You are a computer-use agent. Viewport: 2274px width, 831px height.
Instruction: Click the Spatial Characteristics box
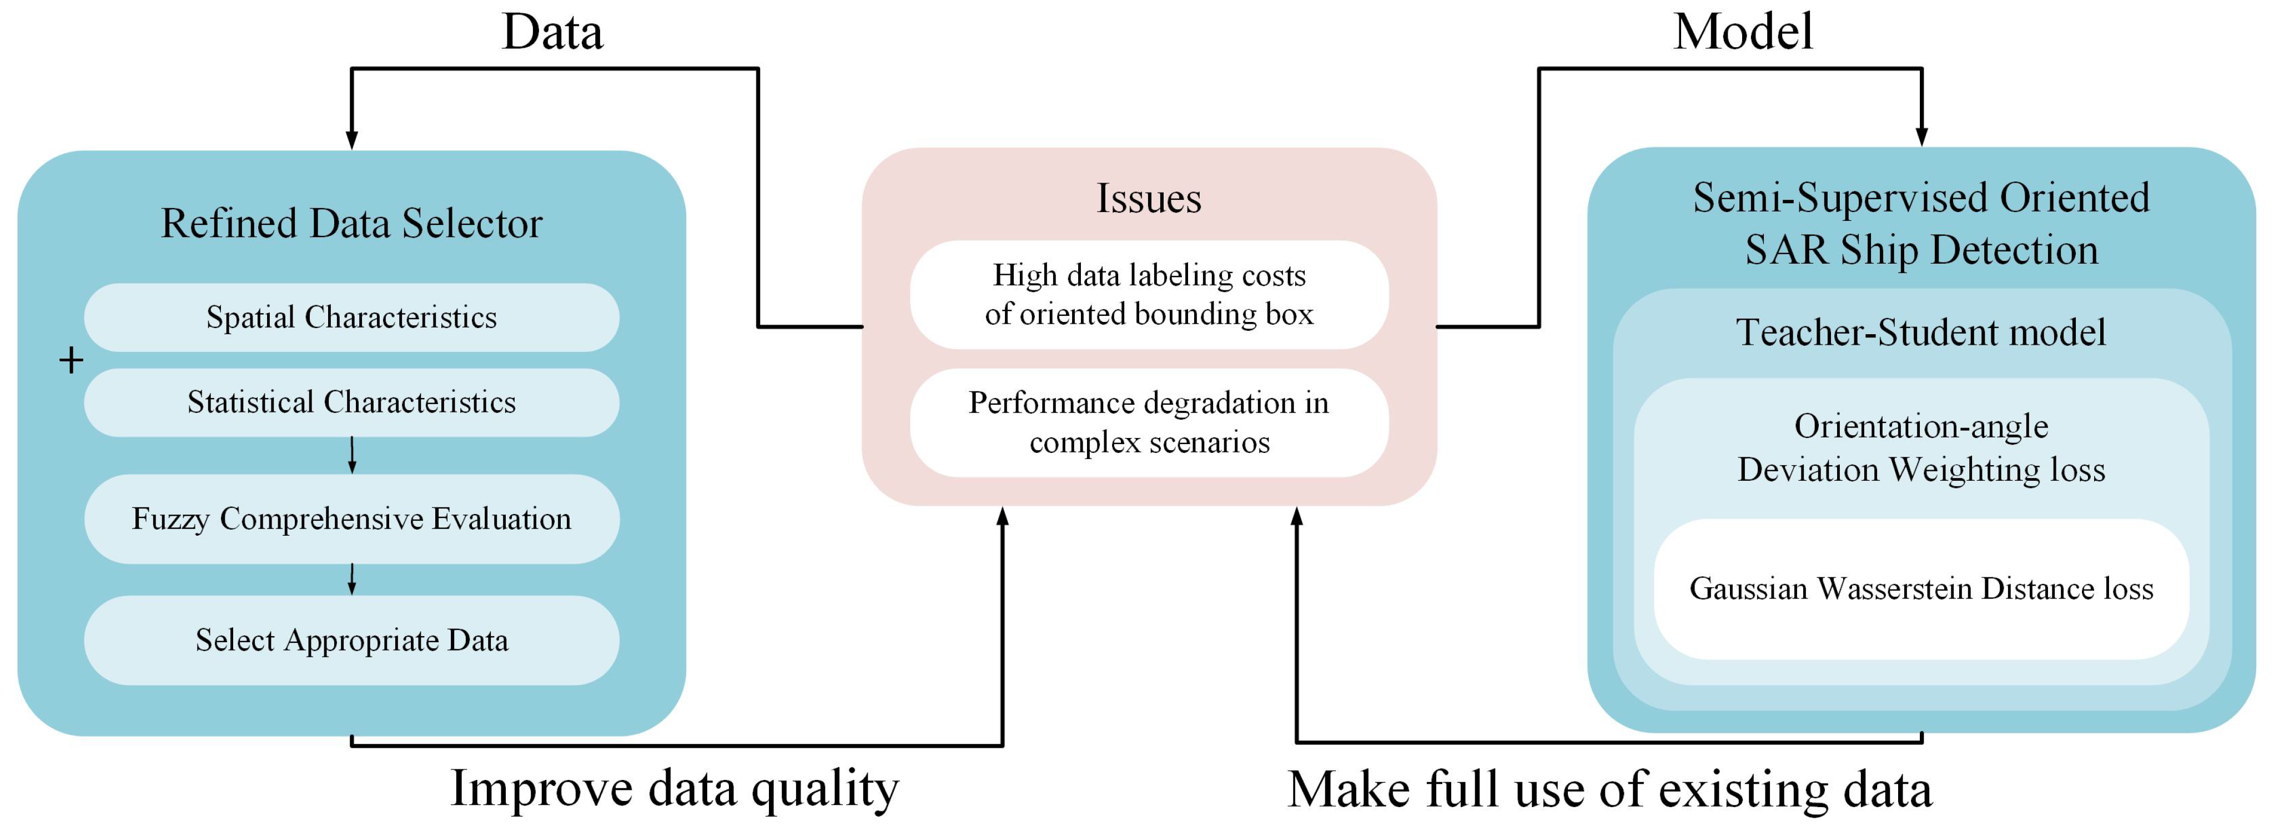(351, 317)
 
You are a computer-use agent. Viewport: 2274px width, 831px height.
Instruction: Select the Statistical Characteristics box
(351, 402)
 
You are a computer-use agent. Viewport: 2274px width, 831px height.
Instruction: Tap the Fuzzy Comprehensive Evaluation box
(351, 518)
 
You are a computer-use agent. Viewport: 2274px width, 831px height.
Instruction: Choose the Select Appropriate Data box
(351, 640)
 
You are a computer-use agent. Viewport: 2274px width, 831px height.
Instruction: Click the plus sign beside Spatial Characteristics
(71, 360)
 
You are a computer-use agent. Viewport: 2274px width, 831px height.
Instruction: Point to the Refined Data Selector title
(351, 223)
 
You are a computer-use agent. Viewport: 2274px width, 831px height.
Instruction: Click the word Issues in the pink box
(1149, 198)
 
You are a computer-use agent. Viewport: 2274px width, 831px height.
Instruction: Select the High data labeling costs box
(1149, 294)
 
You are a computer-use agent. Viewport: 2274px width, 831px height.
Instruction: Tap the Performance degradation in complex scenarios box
(1149, 422)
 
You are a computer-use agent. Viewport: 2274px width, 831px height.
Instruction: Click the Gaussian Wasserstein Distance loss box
(1921, 588)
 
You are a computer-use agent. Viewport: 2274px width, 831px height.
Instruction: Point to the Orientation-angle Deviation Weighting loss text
(1921, 448)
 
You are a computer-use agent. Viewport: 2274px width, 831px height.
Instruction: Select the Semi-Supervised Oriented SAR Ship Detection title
(1921, 223)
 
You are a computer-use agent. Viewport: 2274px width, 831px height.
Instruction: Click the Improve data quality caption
(675, 788)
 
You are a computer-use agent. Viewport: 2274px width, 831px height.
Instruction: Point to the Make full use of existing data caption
(1609, 789)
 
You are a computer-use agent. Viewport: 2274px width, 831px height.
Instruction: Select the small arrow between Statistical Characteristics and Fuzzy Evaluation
(352, 456)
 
